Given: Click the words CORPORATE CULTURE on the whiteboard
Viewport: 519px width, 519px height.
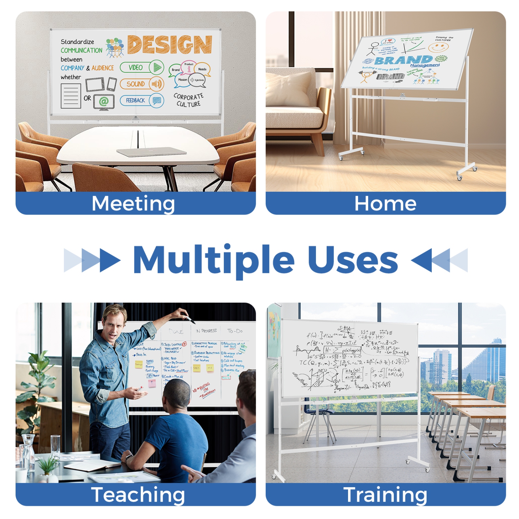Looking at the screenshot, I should point(189,100).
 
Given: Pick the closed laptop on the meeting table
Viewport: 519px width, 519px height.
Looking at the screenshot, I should point(151,152).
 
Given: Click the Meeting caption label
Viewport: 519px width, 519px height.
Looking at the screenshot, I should point(133,203).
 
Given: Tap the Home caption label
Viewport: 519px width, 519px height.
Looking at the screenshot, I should point(385,203).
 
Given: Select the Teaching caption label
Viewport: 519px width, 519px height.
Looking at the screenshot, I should point(138,495).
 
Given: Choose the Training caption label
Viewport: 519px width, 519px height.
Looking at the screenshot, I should point(385,495).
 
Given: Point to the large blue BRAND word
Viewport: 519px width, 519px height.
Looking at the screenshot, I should point(403,60).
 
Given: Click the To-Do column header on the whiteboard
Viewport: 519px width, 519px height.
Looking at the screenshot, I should point(235,331).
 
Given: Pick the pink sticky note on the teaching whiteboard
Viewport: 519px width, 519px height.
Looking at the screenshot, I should point(152,383).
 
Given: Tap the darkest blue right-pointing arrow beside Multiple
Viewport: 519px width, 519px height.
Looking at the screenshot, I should point(110,260).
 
